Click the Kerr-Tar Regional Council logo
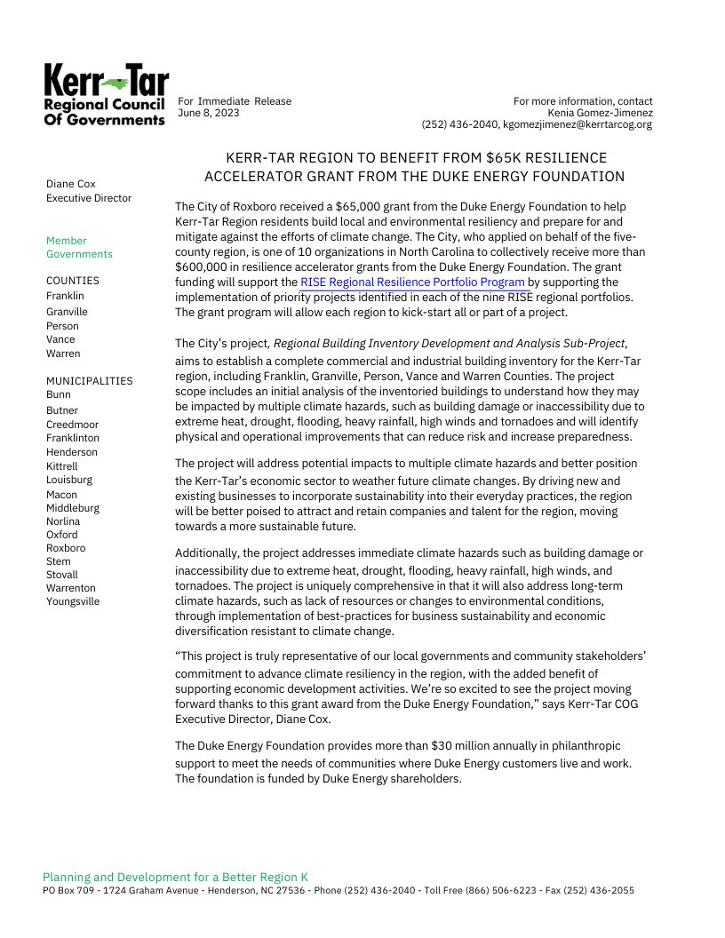105,95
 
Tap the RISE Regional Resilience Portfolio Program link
413,282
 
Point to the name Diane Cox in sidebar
70,184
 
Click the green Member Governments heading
79,247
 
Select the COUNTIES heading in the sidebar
73,281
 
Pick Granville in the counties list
67,312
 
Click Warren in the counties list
63,354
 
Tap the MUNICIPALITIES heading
89,381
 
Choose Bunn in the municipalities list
59,394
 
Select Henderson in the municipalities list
72,452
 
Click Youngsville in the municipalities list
73,601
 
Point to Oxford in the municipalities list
61,535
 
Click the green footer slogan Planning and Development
175,876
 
